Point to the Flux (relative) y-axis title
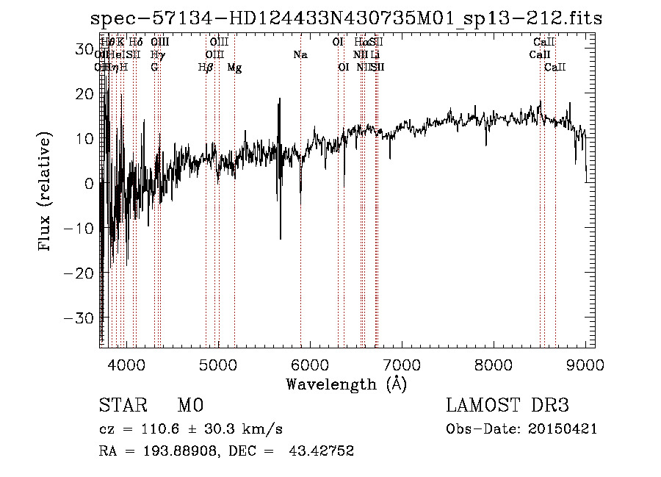(46, 192)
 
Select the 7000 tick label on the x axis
(402, 365)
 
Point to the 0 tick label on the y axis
(89, 184)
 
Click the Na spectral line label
(300, 55)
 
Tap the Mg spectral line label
(234, 68)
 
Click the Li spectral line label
(375, 55)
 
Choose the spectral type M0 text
(189, 406)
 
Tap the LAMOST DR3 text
(507, 406)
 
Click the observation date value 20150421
(561, 429)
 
